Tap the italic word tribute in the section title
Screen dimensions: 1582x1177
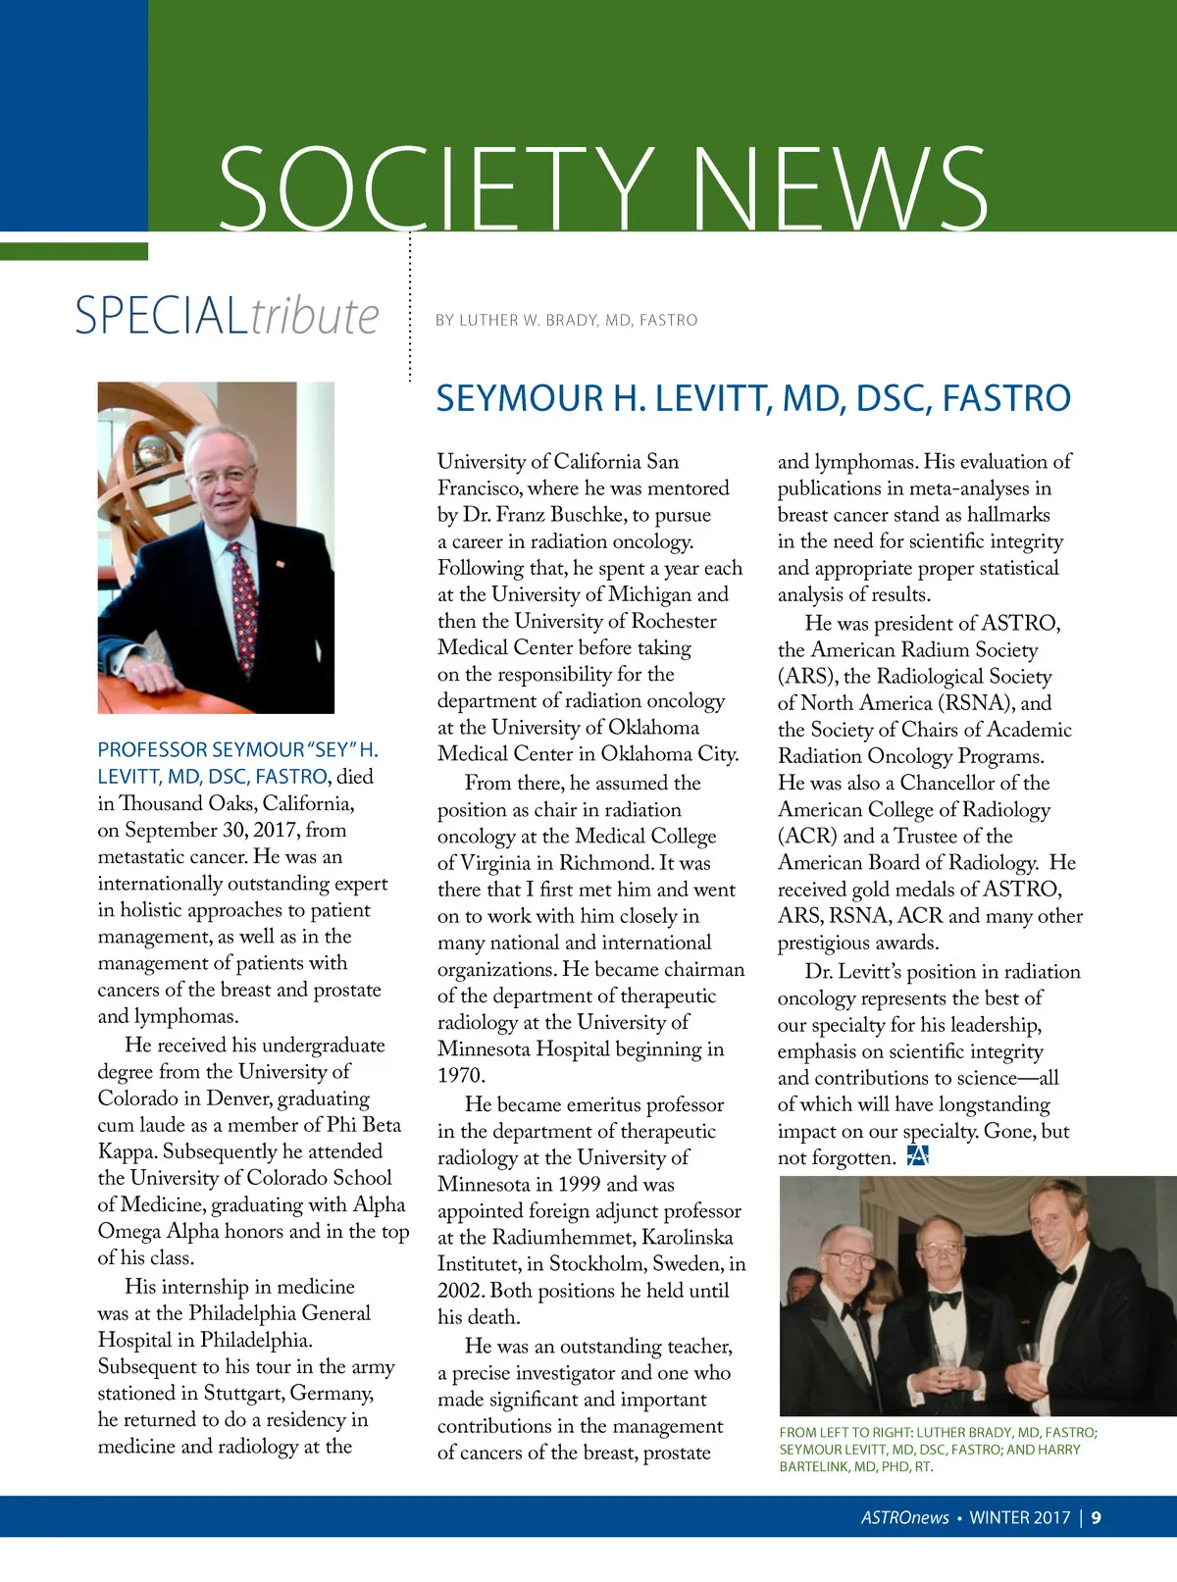pos(315,316)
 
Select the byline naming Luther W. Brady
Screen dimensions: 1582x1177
pos(566,320)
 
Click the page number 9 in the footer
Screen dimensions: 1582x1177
pos(1096,1517)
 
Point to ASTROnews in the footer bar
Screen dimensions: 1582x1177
pos(904,1517)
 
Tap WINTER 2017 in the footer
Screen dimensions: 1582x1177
pos(1019,1517)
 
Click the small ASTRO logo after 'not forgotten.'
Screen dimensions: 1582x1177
pos(917,1155)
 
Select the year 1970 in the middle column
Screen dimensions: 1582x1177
pos(461,1076)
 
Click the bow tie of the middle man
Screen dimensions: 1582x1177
pos(945,1301)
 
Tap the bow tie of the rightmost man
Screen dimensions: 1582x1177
pos(1062,1275)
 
